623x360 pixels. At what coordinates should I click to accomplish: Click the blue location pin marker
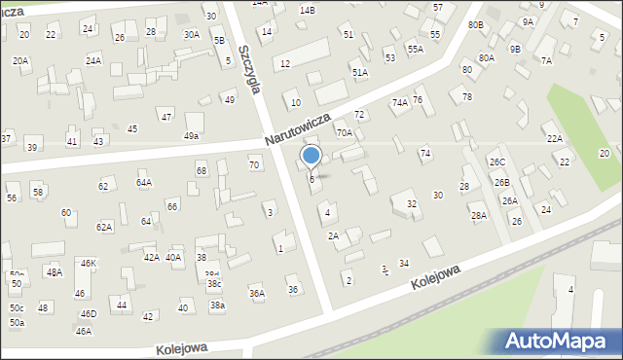pyautogui.click(x=311, y=156)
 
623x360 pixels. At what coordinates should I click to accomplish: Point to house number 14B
pyautogui.click(x=308, y=10)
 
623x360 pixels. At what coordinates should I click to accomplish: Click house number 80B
pyautogui.click(x=475, y=24)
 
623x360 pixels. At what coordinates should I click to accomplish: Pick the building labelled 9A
pyautogui.click(x=528, y=20)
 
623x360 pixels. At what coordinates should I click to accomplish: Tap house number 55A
pyautogui.click(x=416, y=49)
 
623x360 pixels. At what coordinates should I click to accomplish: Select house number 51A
pyautogui.click(x=360, y=73)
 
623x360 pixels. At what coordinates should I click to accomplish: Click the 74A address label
pyautogui.click(x=399, y=102)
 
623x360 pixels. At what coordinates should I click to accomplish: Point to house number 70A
pyautogui.click(x=344, y=132)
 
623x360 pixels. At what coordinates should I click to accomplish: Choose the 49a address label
pyautogui.click(x=192, y=136)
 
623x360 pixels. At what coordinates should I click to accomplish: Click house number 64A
pyautogui.click(x=144, y=182)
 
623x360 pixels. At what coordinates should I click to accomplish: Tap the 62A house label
pyautogui.click(x=104, y=227)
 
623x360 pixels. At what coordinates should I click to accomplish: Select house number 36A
pyautogui.click(x=257, y=293)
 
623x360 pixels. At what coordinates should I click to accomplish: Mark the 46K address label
pyautogui.click(x=89, y=264)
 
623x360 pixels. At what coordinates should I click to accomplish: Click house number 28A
pyautogui.click(x=479, y=216)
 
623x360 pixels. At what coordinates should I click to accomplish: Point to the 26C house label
pyautogui.click(x=497, y=162)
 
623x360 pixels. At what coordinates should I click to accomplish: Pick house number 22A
pyautogui.click(x=554, y=139)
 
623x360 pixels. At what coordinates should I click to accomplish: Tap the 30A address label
pyautogui.click(x=192, y=34)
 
